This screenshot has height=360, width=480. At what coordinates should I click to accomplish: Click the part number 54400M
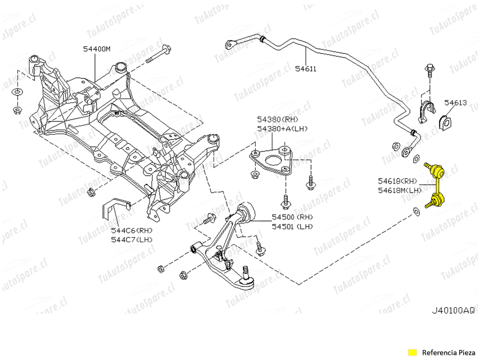click(96, 48)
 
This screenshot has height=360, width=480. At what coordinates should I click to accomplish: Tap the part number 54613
click(455, 103)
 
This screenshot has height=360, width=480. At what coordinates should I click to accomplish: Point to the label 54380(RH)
click(277, 119)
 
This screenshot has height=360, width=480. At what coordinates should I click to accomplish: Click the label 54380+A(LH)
click(282, 128)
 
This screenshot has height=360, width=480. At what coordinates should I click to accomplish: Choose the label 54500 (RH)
click(292, 217)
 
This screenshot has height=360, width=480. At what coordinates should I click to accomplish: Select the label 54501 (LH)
click(292, 226)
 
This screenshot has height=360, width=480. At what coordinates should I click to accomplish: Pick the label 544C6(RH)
click(131, 230)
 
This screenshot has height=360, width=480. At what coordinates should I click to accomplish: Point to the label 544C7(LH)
click(131, 239)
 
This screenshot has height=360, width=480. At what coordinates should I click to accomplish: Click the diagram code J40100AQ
click(453, 310)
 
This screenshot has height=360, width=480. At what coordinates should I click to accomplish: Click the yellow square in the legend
click(412, 352)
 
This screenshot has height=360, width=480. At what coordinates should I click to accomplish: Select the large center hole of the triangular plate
click(272, 161)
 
